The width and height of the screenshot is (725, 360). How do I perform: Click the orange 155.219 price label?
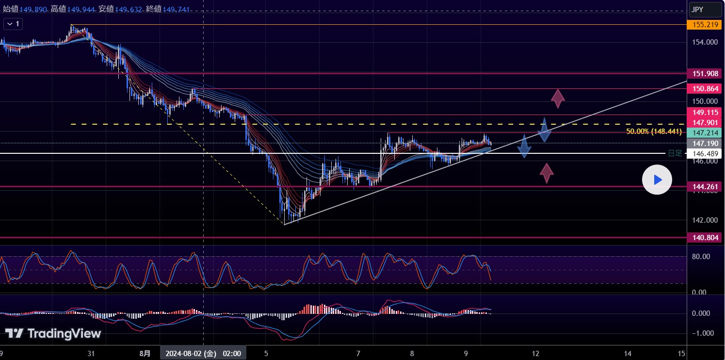[x=704, y=24]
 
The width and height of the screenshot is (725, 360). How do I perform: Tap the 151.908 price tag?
[x=704, y=74]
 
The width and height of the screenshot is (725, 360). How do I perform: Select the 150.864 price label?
[x=704, y=89]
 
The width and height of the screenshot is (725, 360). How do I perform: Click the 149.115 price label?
[x=704, y=112]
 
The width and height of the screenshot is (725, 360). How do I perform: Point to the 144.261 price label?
[x=704, y=187]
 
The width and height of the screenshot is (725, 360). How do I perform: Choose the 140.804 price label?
[x=704, y=238]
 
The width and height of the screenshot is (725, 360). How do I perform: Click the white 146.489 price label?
[x=704, y=154]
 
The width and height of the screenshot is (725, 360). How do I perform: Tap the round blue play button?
[x=657, y=180]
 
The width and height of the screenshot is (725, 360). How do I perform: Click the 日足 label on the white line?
[x=675, y=153]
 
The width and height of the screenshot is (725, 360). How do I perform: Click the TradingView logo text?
[x=53, y=333]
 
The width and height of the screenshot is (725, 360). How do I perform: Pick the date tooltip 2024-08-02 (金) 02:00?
[x=203, y=353]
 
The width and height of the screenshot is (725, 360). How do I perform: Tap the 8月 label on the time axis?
[x=144, y=353]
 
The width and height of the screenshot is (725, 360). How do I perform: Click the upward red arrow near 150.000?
[x=558, y=98]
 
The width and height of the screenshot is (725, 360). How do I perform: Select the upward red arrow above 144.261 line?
[x=547, y=173]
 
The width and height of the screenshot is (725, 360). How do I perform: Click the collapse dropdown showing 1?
[x=13, y=24]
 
